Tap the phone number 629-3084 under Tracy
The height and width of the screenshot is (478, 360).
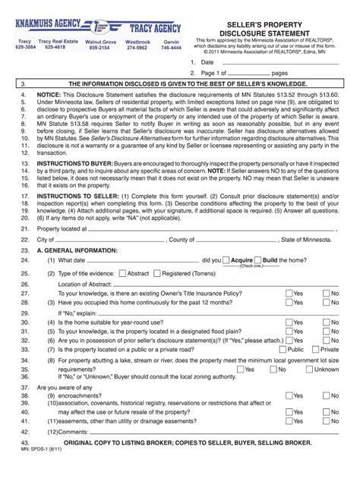point(25,47)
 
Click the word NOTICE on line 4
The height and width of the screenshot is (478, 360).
point(50,97)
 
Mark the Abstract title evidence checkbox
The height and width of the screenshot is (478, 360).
point(123,272)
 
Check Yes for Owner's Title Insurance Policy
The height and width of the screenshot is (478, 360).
point(289,293)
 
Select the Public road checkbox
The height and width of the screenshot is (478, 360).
point(283,350)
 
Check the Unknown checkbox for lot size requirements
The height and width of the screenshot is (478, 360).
point(310,370)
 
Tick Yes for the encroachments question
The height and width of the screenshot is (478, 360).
point(289,395)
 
